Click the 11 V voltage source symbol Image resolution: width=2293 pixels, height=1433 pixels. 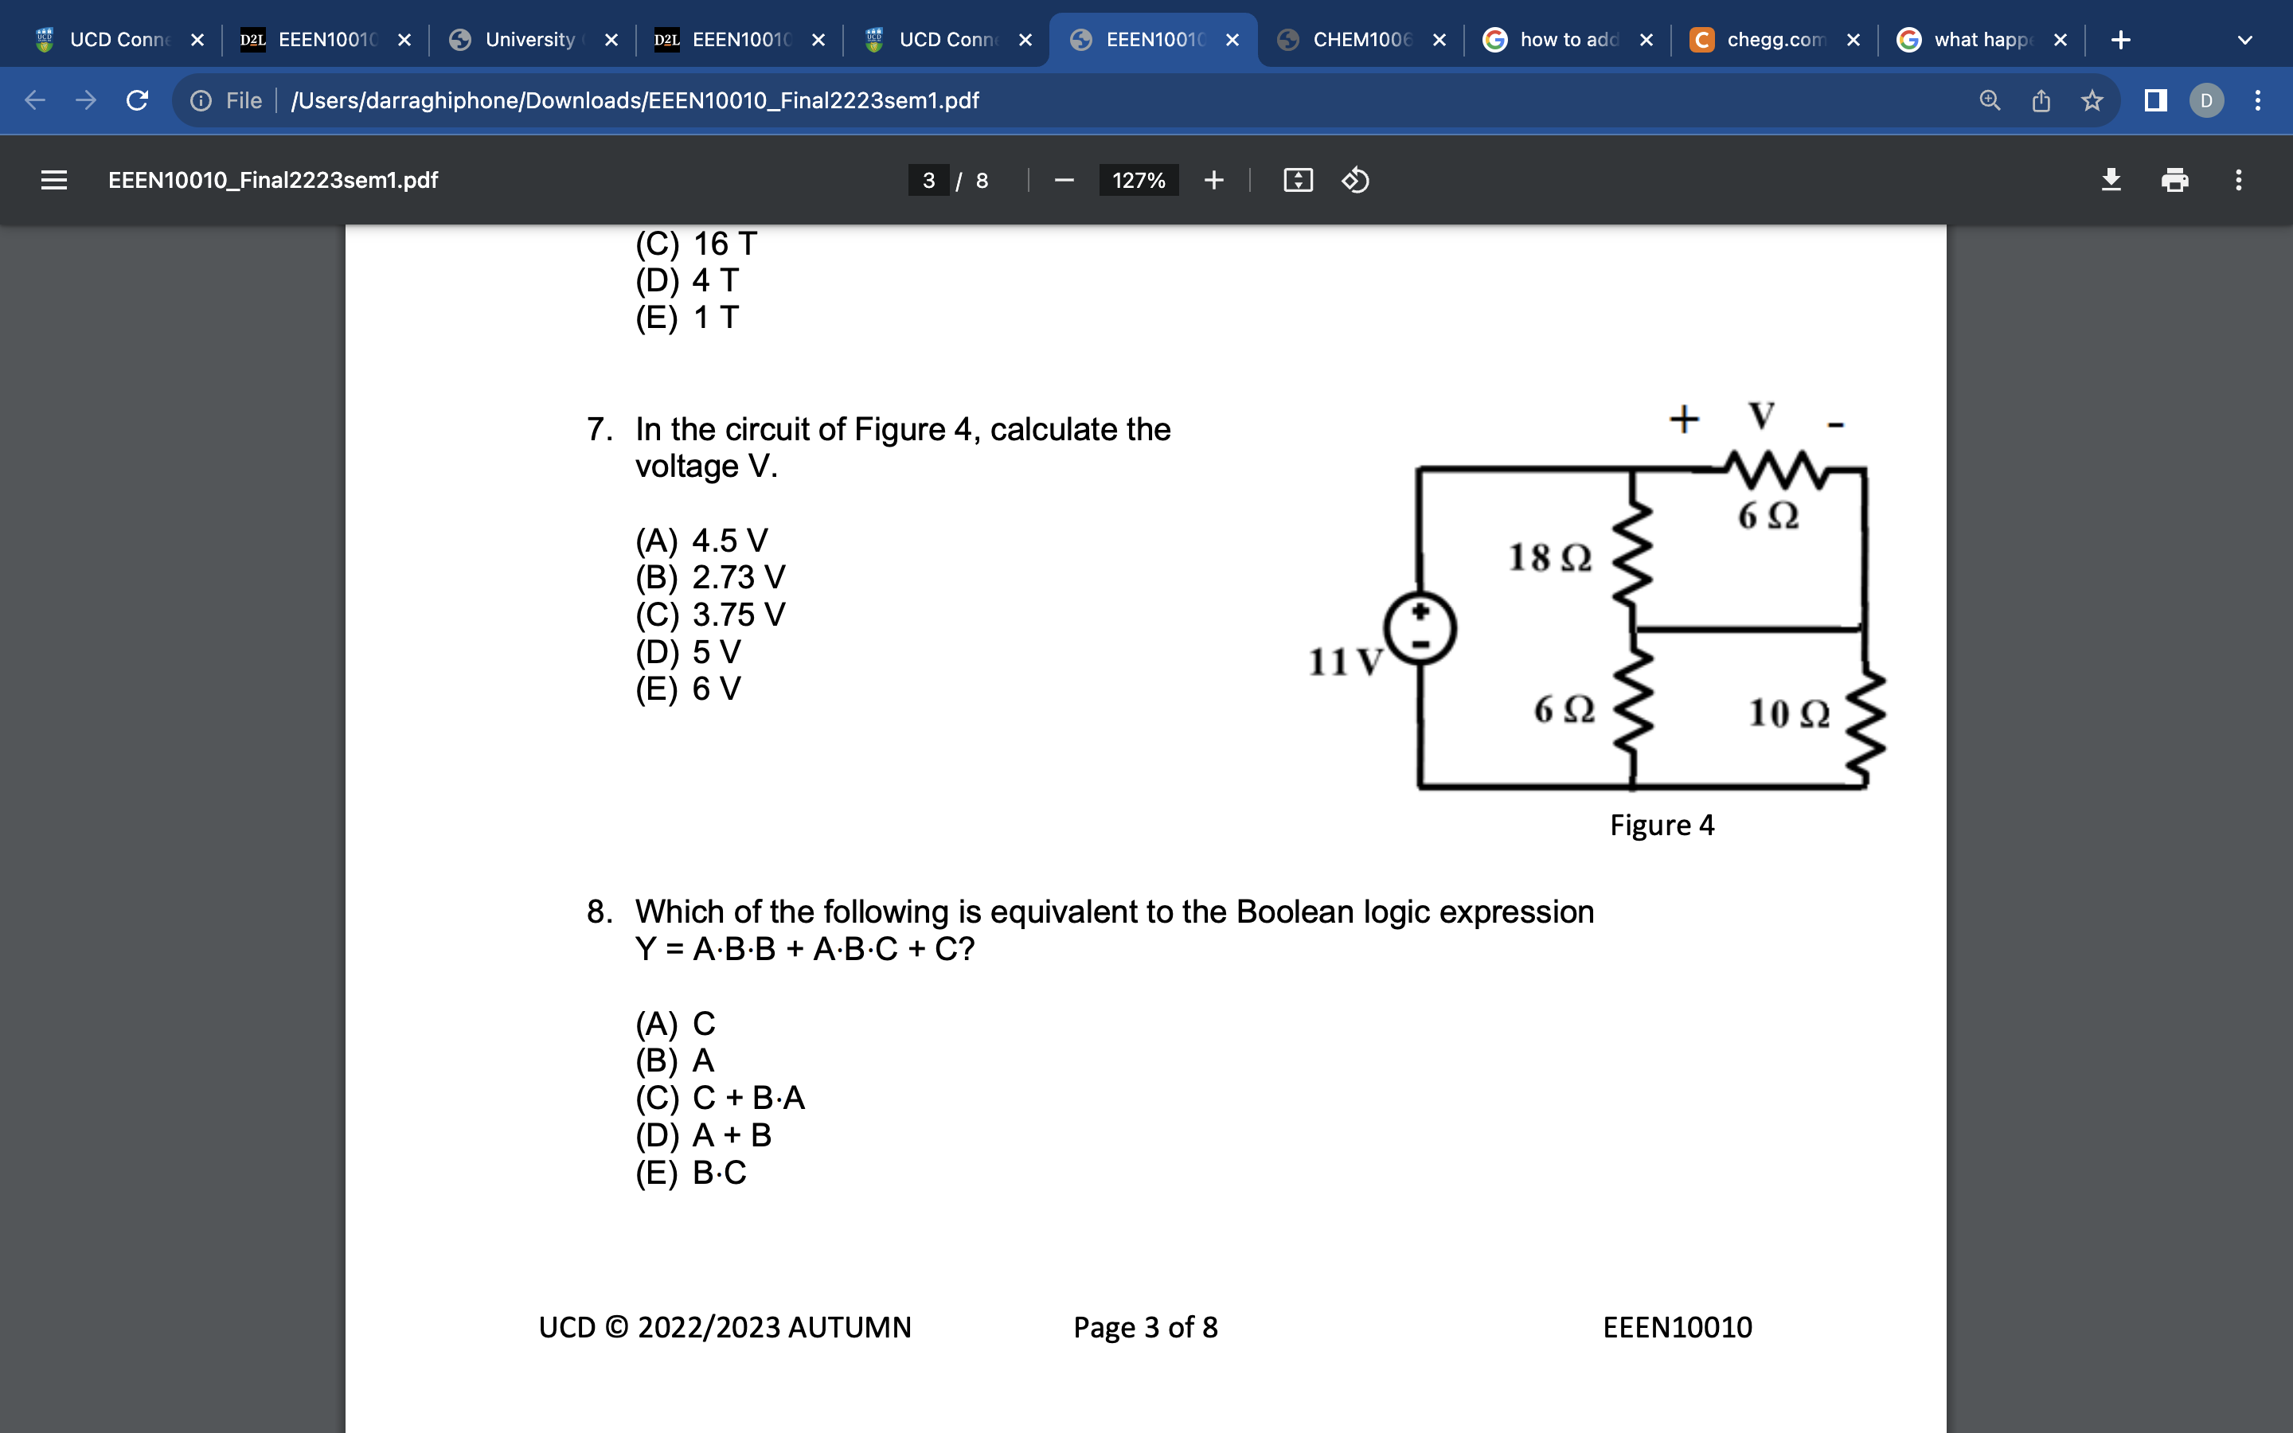1420,628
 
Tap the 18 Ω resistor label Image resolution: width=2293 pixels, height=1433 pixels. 1550,557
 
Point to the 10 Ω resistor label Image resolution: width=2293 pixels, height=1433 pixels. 1789,713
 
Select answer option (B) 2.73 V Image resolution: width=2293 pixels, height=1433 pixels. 709,577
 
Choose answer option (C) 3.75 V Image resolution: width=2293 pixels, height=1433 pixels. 709,614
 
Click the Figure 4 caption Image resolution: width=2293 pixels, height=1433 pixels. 1662,825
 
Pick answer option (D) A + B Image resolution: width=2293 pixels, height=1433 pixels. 703,1134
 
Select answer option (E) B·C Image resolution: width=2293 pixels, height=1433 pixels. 691,1173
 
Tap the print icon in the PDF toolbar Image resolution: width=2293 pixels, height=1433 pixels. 2174,180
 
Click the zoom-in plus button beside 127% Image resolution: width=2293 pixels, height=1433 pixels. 1213,180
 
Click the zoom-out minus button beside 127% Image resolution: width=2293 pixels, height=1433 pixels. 1064,180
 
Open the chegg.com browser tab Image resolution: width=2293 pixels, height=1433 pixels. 1764,40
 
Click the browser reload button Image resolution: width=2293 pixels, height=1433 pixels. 138,100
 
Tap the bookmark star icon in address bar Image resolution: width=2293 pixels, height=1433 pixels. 2092,100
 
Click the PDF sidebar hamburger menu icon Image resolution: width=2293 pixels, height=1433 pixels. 54,180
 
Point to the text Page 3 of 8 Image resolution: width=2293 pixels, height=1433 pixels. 1146,1327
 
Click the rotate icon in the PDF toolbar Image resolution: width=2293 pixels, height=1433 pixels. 1355,180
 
